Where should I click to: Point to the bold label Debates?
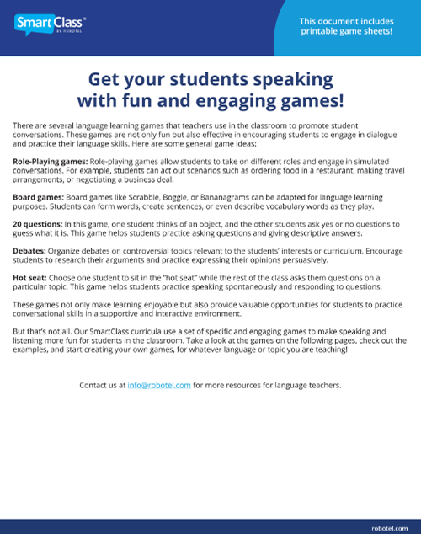28,252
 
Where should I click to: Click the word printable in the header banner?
323,31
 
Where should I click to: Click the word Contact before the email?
93,385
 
